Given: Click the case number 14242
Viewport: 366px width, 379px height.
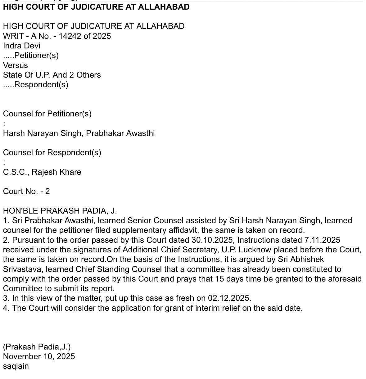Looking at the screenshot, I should click(70, 36).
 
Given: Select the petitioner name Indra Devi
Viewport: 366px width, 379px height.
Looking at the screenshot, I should click(21, 46).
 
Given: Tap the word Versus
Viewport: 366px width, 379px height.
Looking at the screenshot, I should click(16, 65).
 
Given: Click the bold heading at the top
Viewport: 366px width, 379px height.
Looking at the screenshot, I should click(96, 7).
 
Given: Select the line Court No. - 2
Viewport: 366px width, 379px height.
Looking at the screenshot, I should click(26, 191).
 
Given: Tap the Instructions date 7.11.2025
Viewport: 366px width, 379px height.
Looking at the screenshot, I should click(321, 240).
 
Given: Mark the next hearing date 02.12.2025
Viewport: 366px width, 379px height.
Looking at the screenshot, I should click(229, 298).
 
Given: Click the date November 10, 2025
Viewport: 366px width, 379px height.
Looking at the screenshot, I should click(39, 356).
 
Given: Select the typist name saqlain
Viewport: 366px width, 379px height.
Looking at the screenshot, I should click(16, 366).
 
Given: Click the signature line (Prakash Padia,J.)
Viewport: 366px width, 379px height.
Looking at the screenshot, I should click(37, 346).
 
